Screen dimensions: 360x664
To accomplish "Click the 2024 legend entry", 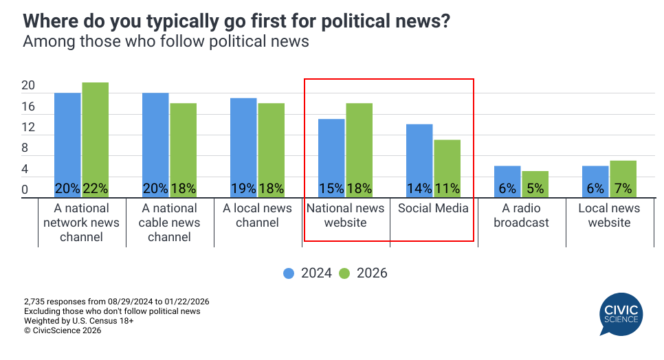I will click(x=308, y=273).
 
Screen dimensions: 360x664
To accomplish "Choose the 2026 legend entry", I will click(x=364, y=273).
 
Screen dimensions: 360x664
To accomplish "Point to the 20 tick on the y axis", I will click(x=28, y=86).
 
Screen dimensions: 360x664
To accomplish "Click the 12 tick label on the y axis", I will click(x=28, y=127).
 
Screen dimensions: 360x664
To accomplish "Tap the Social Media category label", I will click(x=434, y=208).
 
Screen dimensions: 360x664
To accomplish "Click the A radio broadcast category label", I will click(x=522, y=215).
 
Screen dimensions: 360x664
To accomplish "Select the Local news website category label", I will click(x=609, y=215).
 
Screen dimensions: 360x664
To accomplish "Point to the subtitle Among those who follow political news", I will click(x=166, y=42).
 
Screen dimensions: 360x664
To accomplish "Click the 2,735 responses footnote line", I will click(x=116, y=302).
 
